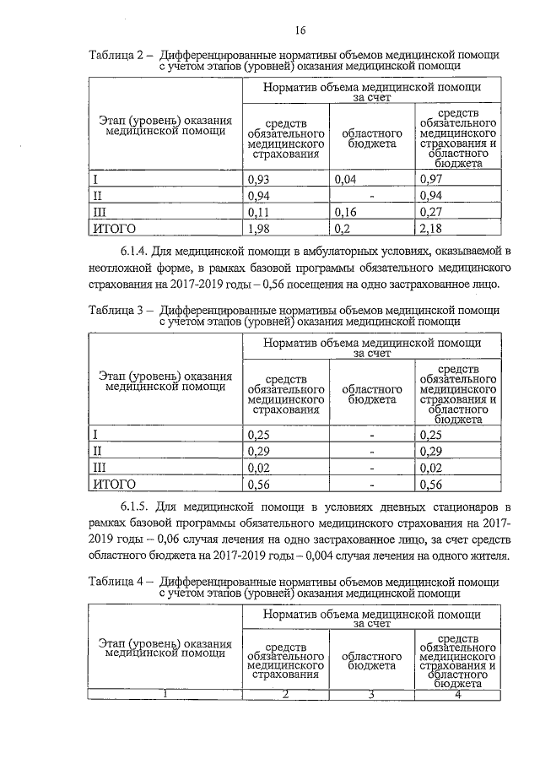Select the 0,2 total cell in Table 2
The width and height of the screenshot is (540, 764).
pyautogui.click(x=343, y=228)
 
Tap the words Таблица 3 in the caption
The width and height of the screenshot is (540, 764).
pyautogui.click(x=118, y=310)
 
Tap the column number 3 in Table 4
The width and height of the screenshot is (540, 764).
pyautogui.click(x=371, y=695)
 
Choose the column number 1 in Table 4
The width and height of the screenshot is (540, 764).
pyautogui.click(x=166, y=695)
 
